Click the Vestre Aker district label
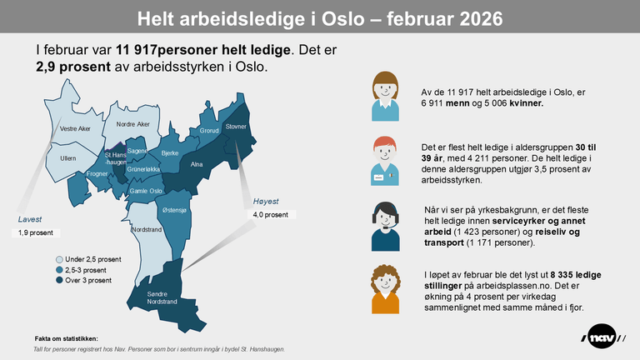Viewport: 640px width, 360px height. point(75,128)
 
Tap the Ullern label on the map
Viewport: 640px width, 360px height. point(68,157)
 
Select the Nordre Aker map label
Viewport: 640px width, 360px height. point(132,124)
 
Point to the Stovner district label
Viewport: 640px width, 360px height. point(237,126)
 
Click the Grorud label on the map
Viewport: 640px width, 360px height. point(209,131)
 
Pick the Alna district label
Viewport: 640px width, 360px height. point(197,165)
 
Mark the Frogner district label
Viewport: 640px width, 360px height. point(97,173)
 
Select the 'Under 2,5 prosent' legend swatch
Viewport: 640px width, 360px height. point(59,260)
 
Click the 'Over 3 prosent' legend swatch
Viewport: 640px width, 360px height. point(59,280)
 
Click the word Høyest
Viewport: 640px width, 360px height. point(265,201)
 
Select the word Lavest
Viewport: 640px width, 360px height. point(30,219)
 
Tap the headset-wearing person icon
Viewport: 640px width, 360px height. point(384,226)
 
